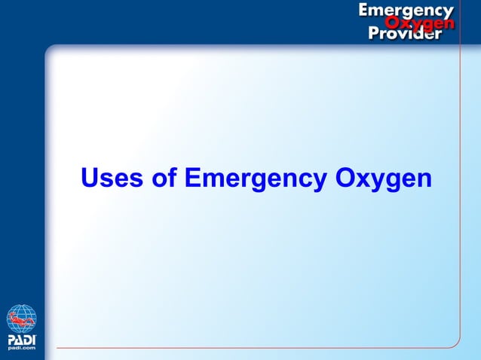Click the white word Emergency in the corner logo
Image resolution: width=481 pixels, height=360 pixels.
coord(406,11)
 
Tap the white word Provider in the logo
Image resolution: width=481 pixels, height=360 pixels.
coord(405,35)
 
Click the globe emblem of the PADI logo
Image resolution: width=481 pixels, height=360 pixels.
coord(22,319)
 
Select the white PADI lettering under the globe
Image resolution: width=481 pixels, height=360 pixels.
coord(22,339)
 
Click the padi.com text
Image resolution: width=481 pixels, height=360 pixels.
coord(22,349)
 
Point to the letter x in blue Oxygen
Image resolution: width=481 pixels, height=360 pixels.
coord(359,181)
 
